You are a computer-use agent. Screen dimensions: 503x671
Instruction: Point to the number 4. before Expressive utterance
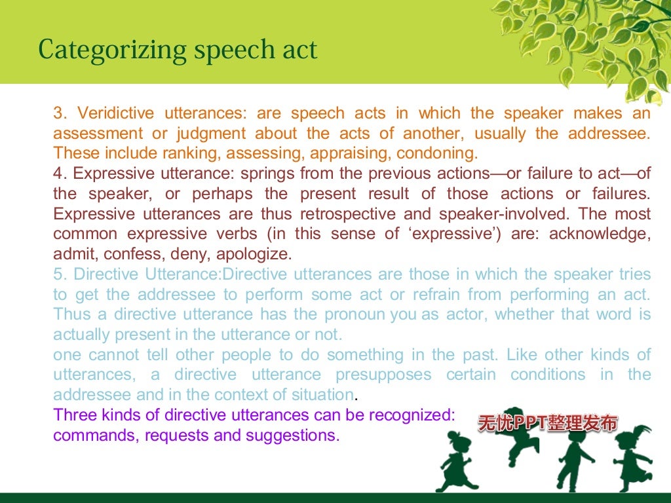pyautogui.click(x=60, y=174)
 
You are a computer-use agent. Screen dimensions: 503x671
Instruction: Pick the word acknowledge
pyautogui.click(x=600, y=234)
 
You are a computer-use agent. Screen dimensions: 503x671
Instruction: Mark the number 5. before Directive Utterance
pyautogui.click(x=60, y=274)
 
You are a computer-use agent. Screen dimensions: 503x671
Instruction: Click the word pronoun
pyautogui.click(x=356, y=314)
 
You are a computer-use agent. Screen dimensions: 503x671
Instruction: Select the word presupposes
pyautogui.click(x=383, y=375)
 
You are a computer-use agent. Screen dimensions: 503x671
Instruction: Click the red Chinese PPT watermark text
pyautogui.click(x=547, y=424)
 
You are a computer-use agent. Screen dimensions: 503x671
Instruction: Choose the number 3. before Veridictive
pyautogui.click(x=60, y=113)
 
